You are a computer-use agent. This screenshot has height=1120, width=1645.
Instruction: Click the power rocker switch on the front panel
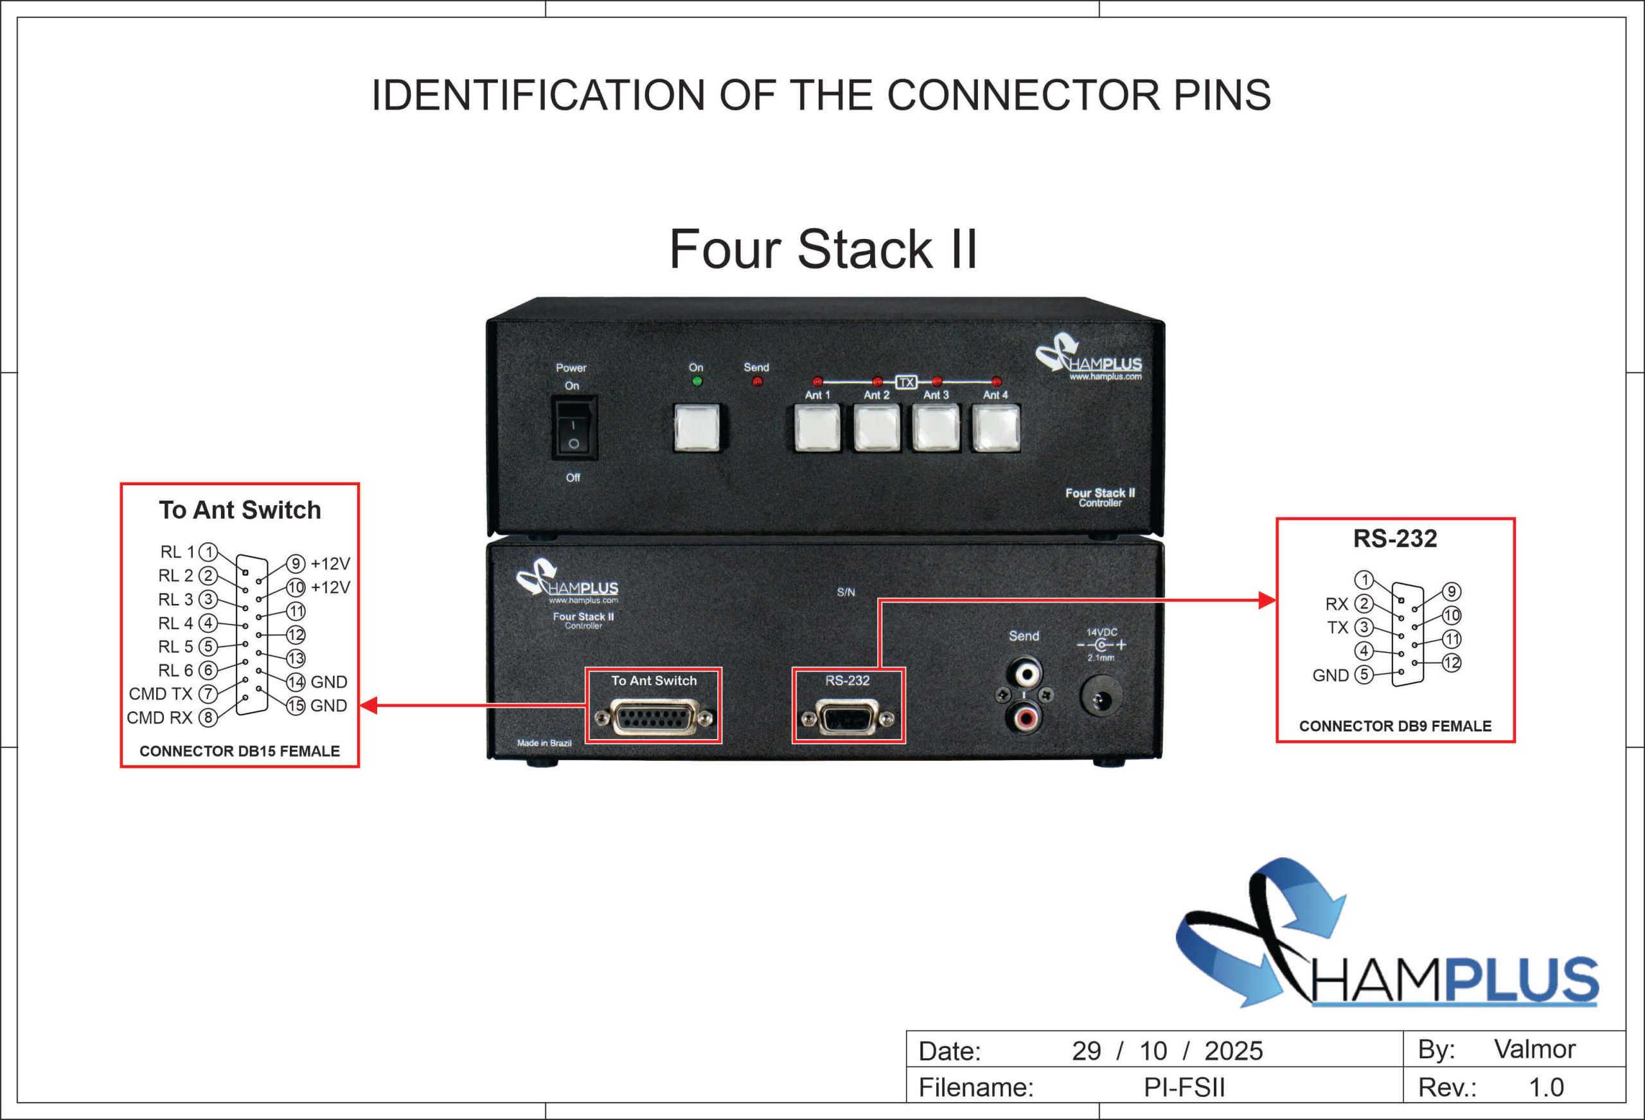click(574, 427)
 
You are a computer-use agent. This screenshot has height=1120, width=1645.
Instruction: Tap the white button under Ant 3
click(936, 427)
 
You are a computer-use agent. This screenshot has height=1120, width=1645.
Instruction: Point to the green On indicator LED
click(697, 382)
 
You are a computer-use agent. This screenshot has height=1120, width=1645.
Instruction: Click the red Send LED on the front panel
click(757, 382)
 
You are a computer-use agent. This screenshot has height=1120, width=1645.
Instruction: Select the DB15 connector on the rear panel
click(654, 718)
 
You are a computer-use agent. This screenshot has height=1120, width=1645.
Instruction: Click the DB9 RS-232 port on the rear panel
click(848, 718)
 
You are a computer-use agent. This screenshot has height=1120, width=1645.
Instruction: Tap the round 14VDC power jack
click(1101, 697)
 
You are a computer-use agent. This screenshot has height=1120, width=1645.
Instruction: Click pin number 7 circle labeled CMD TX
click(208, 694)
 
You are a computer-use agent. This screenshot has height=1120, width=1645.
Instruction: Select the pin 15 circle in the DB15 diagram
click(296, 706)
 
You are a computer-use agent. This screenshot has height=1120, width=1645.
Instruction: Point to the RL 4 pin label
click(175, 623)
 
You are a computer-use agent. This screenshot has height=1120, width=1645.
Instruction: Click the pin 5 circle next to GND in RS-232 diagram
click(1364, 675)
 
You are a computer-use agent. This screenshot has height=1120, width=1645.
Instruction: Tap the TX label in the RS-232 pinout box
click(1337, 628)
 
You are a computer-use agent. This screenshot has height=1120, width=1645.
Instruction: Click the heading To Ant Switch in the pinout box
click(239, 510)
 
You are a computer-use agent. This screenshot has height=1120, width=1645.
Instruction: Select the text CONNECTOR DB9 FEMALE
click(1394, 725)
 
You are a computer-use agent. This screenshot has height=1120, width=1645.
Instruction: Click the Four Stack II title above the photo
click(822, 249)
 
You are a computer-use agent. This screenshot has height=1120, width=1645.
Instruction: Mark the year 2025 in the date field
click(1233, 1051)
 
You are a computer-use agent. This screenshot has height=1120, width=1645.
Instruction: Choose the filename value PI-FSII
click(1184, 1087)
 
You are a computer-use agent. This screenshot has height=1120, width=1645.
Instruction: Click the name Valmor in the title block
click(1534, 1049)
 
